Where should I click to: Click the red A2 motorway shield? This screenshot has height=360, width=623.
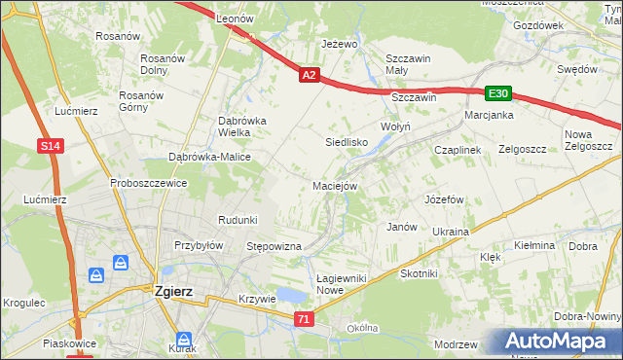[309, 75]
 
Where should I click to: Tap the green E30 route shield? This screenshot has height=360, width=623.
[498, 93]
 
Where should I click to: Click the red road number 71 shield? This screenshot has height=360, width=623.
[305, 319]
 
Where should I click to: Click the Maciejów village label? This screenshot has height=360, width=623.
[335, 185]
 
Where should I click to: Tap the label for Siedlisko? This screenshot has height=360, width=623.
[345, 142]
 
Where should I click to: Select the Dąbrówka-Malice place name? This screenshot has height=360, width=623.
[210, 157]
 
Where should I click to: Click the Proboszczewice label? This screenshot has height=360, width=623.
[148, 182]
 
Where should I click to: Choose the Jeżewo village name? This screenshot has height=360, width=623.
[340, 45]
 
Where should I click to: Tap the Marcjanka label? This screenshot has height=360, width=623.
[489, 115]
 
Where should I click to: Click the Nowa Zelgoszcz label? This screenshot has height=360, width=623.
[588, 140]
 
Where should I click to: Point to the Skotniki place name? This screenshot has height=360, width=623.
[420, 274]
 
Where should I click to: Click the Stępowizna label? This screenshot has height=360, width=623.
[275, 247]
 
